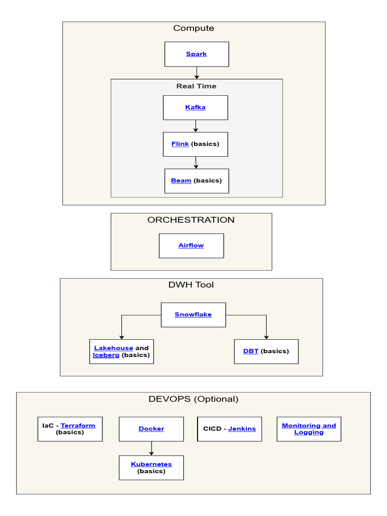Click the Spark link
click(196, 54)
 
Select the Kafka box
click(196, 107)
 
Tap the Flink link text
click(180, 144)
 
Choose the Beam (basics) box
click(197, 181)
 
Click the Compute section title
click(193, 28)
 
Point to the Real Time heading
click(196, 86)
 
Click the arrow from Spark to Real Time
click(197, 73)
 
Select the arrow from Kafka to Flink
click(196, 126)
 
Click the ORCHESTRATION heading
click(190, 220)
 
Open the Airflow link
click(191, 245)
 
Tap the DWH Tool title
click(191, 285)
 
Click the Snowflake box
click(193, 314)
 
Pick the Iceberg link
click(106, 355)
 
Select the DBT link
click(251, 351)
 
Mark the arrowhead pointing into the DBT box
click(266, 337)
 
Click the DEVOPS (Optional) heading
click(193, 399)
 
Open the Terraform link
click(78, 425)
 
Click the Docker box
click(151, 429)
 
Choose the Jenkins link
click(242, 429)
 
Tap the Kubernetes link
click(151, 464)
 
